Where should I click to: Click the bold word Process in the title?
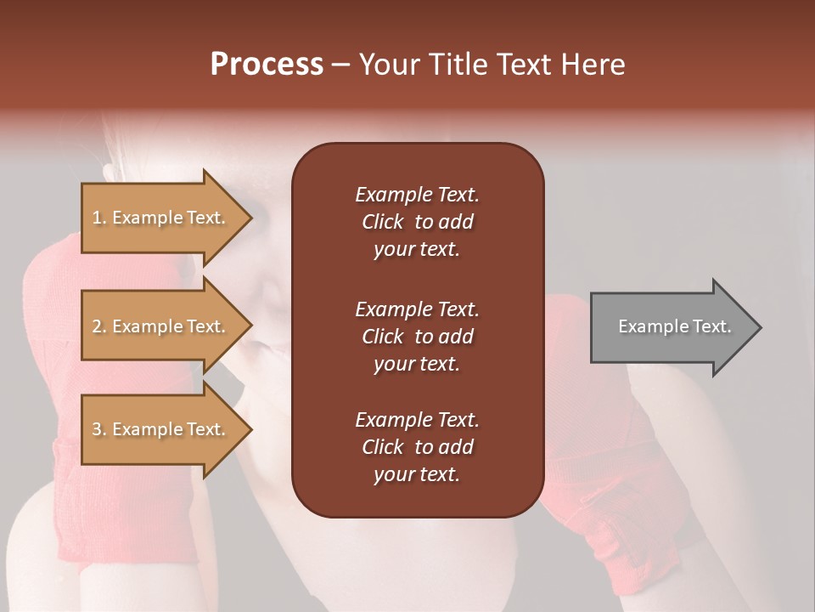[267, 65]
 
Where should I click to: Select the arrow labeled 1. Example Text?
[160, 218]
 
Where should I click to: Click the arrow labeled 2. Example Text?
[160, 326]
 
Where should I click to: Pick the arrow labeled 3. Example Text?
[160, 429]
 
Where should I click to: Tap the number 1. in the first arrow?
[99, 218]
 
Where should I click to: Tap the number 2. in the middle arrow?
[99, 326]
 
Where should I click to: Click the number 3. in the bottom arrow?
[99, 429]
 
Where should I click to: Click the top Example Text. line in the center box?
[417, 195]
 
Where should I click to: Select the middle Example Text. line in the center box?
[417, 309]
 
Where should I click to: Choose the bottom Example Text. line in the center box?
[417, 420]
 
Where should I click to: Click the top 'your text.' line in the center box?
[417, 250]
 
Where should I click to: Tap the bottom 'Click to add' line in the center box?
[417, 447]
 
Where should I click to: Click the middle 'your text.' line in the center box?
[417, 364]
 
